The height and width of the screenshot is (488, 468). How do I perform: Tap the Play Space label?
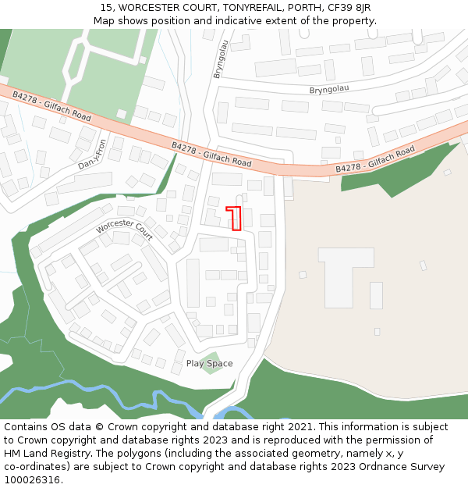click(x=209, y=364)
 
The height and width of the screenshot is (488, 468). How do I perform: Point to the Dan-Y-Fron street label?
click(x=92, y=155)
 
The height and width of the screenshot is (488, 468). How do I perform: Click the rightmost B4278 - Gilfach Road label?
click(x=374, y=160)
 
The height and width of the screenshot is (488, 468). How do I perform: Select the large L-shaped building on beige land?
click(x=347, y=269)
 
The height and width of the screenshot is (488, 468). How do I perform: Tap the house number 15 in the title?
click(x=105, y=8)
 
